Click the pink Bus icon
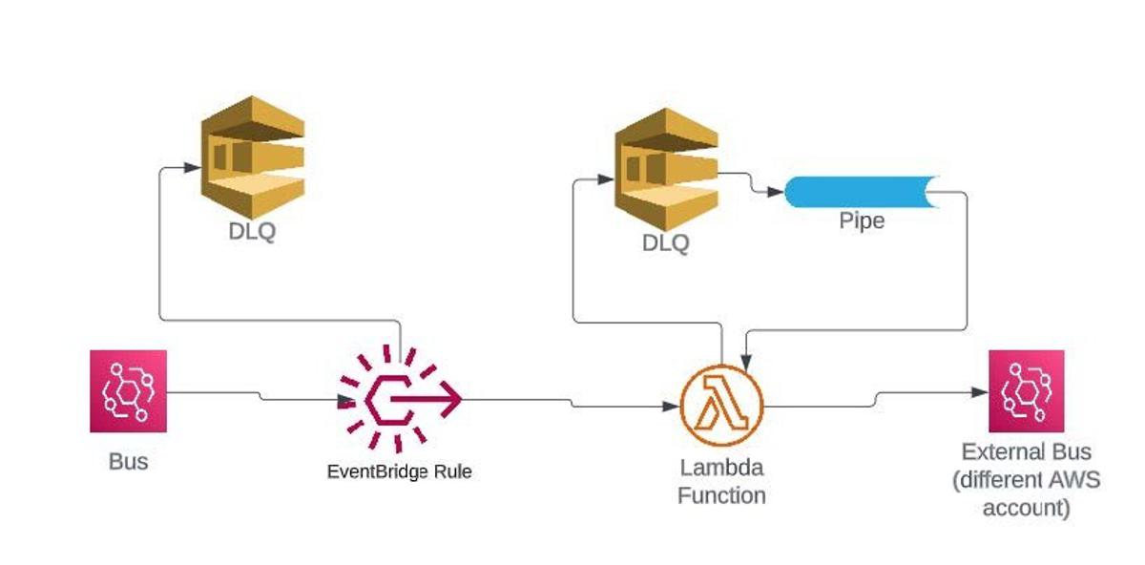click(128, 388)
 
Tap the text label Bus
click(128, 462)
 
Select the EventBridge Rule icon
click(401, 398)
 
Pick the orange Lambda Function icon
click(722, 406)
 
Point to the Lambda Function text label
click(722, 482)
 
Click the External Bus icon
click(1027, 391)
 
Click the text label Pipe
click(862, 221)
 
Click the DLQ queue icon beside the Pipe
click(665, 169)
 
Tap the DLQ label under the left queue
click(252, 231)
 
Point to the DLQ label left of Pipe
click(665, 242)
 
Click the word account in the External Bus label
click(1027, 508)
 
